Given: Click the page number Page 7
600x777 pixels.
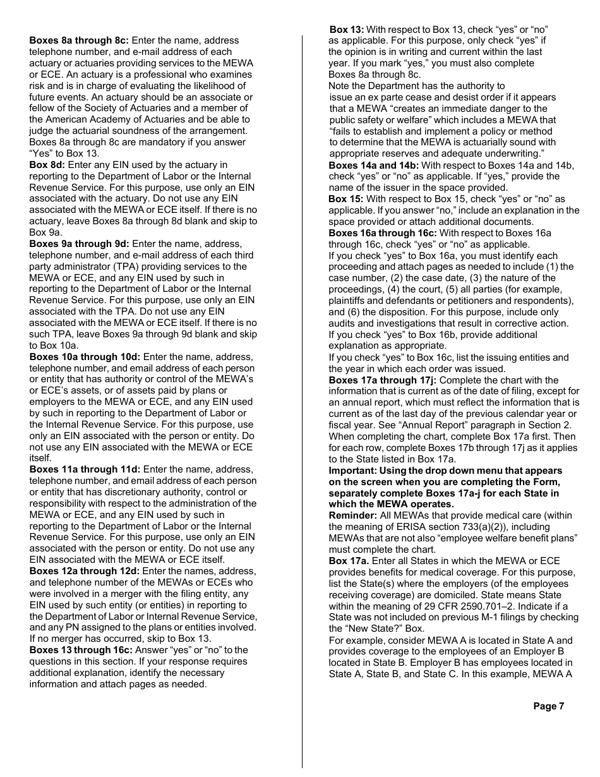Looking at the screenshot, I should point(548,706).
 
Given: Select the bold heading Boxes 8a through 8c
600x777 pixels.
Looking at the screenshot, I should point(79,40).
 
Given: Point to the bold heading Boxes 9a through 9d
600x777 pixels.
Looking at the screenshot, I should point(79,244).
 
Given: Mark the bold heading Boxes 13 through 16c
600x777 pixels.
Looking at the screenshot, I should point(81,650).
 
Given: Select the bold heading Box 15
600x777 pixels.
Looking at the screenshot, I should point(345,199).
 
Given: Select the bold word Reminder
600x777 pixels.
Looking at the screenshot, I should point(352,515).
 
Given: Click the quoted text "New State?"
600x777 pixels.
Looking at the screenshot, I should point(371,629).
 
